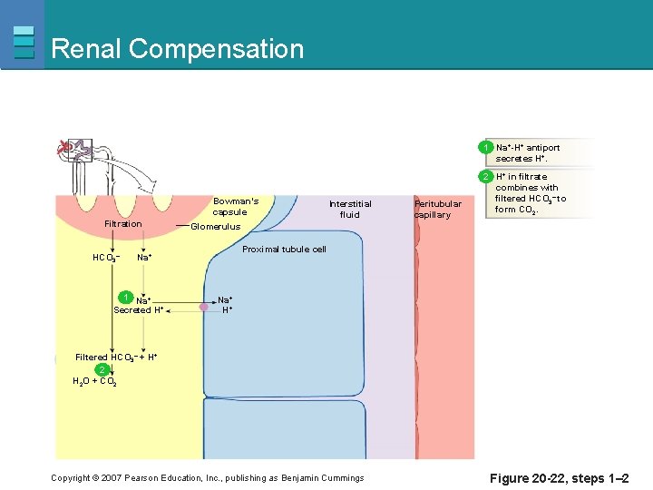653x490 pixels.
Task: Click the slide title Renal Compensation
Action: point(178,48)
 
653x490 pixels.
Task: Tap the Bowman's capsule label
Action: point(236,207)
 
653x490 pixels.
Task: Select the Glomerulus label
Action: point(216,227)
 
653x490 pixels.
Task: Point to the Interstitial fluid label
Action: point(350,209)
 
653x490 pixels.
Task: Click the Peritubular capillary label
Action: point(438,210)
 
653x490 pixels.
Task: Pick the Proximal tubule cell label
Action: point(284,250)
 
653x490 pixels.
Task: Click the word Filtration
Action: point(123,224)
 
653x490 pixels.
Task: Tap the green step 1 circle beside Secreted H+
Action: point(126,297)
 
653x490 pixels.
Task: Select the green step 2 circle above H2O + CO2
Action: point(103,369)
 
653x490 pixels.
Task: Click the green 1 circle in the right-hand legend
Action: point(487,147)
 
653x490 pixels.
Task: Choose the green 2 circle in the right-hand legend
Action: point(487,176)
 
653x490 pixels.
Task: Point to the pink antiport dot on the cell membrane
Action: point(204,309)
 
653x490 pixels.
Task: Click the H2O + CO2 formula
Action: point(93,382)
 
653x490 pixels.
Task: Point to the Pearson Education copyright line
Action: point(207,478)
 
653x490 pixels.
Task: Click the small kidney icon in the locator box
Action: point(65,146)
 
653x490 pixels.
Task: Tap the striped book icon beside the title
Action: point(24,43)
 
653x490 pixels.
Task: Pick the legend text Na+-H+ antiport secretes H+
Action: point(528,152)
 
